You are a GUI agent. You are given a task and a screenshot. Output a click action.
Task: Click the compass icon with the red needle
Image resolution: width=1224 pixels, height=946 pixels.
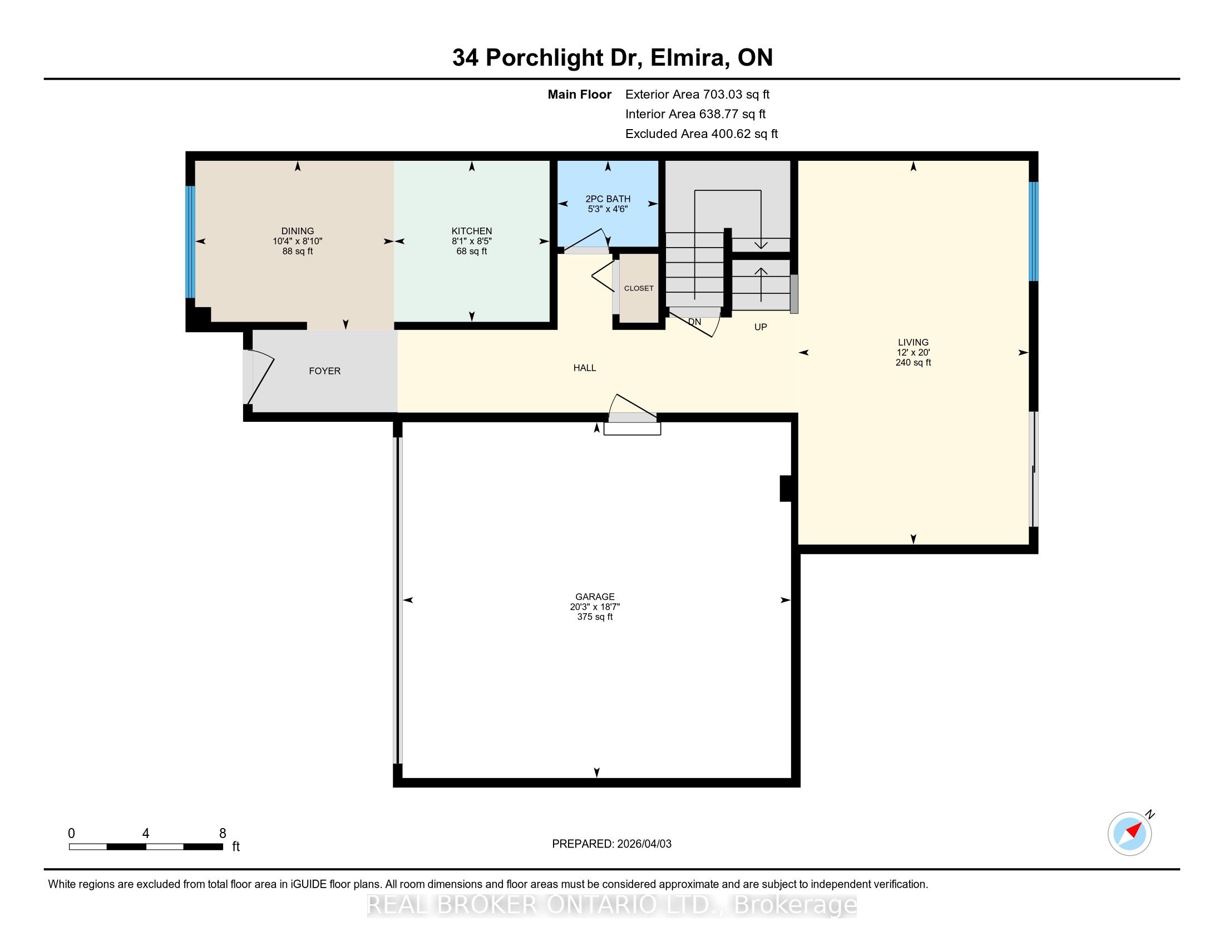(1129, 834)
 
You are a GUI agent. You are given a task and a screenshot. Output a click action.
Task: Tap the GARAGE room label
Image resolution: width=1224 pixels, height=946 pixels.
(595, 597)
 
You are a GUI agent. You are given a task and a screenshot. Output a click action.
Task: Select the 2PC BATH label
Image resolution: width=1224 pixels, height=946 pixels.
(608, 199)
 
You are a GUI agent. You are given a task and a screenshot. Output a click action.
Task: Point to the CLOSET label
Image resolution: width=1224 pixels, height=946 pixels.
(639, 288)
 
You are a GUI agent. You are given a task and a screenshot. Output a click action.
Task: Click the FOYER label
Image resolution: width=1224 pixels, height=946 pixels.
(324, 371)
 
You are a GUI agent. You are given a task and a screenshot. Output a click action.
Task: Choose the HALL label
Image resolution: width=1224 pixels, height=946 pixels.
(585, 368)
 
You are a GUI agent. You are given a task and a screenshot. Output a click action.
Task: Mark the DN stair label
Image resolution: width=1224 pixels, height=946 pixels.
(694, 322)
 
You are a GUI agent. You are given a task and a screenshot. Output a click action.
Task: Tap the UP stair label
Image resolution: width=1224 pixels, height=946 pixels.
(761, 327)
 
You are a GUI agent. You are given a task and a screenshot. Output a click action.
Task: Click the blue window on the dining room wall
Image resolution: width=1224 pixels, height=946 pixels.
(190, 242)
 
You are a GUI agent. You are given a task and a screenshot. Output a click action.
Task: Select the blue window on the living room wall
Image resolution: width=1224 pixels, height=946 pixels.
(1034, 231)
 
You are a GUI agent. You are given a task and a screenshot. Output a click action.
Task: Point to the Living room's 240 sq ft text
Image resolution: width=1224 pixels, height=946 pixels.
(913, 363)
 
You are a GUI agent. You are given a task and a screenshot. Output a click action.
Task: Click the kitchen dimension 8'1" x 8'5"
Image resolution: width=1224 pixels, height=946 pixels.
(472, 241)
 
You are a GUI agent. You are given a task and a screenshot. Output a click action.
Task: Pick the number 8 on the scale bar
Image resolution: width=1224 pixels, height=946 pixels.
(223, 834)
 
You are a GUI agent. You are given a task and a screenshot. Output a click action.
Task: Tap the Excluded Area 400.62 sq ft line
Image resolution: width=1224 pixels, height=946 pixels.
(702, 134)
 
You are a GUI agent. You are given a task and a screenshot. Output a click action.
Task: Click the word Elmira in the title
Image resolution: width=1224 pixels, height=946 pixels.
(688, 58)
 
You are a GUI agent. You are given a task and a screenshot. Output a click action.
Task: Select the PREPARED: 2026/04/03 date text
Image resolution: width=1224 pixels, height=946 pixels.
(611, 844)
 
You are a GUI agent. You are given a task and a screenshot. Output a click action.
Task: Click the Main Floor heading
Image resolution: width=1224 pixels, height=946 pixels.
(580, 95)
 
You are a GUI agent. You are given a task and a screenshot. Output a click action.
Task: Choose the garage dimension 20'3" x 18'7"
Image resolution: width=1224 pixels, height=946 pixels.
(595, 607)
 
